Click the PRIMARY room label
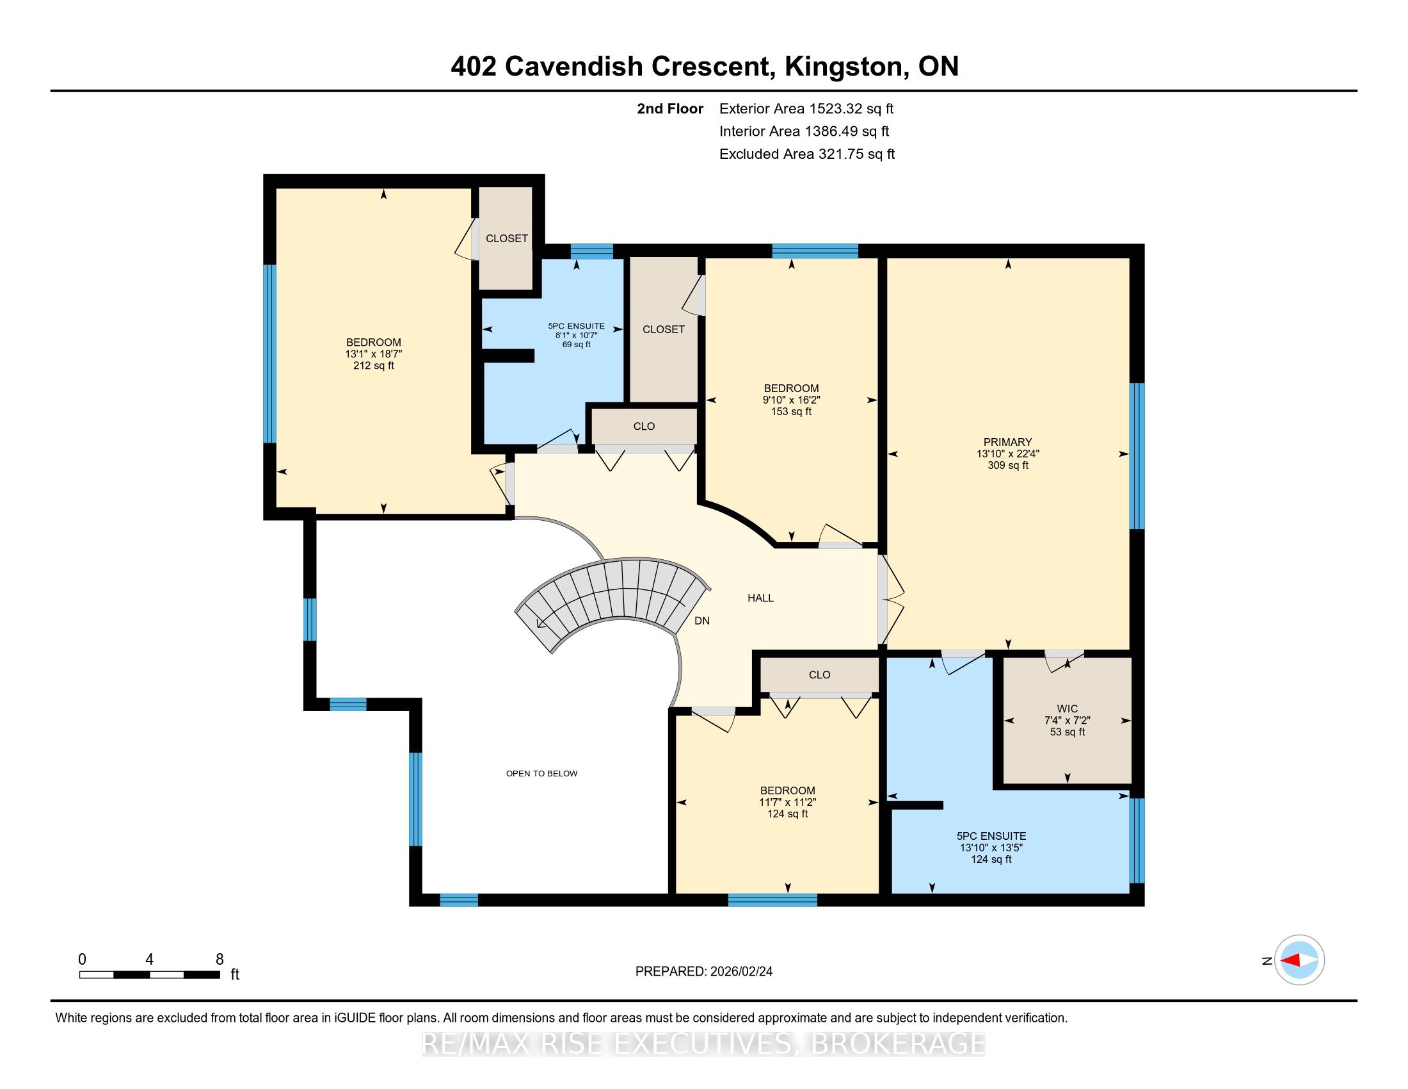[x=1007, y=442]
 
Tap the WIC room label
[x=1067, y=708]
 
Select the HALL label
[x=761, y=598]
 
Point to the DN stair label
[x=702, y=621]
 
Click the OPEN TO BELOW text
[x=541, y=774]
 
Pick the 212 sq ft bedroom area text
[x=373, y=366]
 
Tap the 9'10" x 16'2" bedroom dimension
[x=791, y=400]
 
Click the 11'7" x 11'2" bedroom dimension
[x=787, y=803]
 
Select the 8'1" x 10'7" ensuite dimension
[x=577, y=336]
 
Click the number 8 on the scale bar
[x=219, y=960]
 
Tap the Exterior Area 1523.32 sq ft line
[x=806, y=109]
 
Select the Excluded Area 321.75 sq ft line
[x=807, y=154]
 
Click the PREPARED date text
[x=704, y=972]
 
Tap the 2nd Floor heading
[x=670, y=109]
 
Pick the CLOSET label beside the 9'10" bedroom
[x=664, y=330]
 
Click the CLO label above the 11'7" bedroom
[x=819, y=675]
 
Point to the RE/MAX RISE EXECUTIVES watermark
[x=704, y=1044]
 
